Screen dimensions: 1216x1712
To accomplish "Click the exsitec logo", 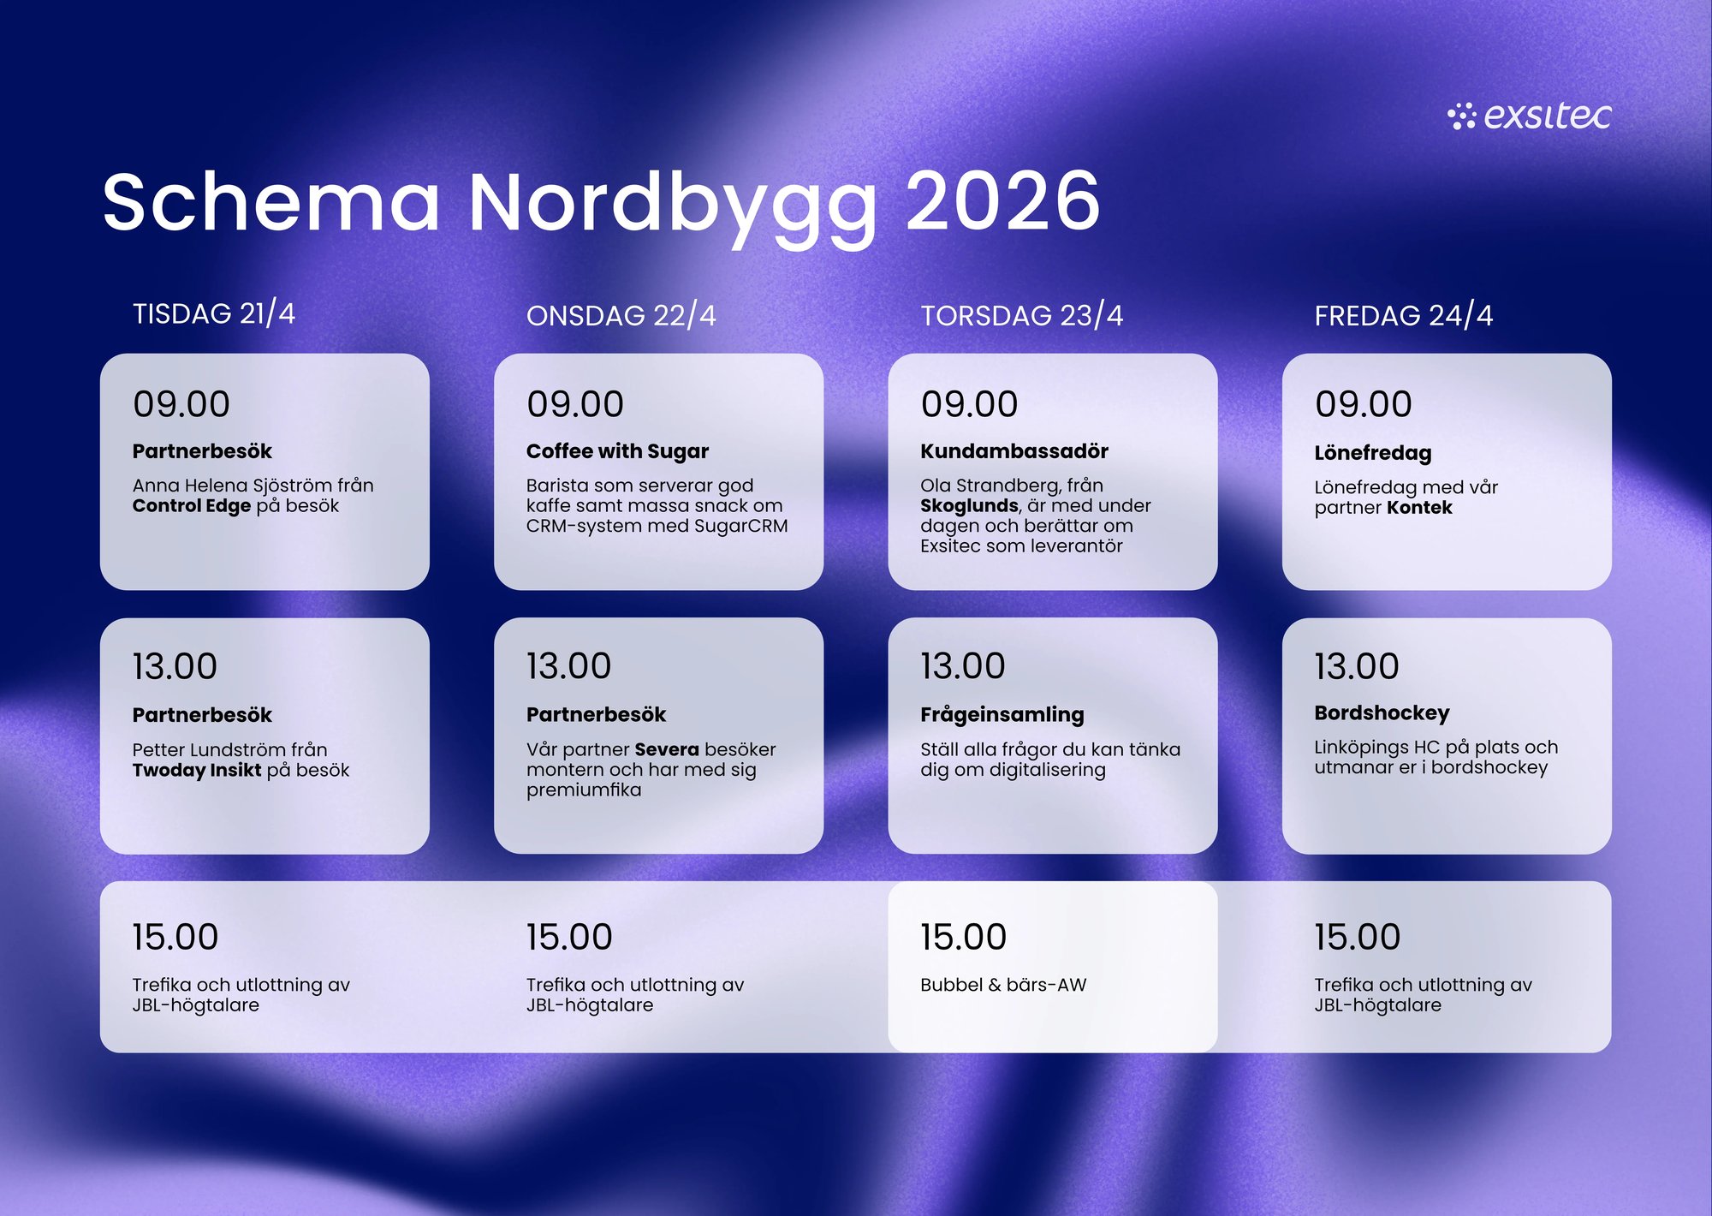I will (1529, 116).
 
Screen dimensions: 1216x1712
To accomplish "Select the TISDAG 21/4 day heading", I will (214, 313).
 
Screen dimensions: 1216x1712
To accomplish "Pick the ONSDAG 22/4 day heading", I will (621, 315).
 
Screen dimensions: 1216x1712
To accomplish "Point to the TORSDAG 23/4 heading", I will (1021, 315).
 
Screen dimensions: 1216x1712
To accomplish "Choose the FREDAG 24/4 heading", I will (1403, 315).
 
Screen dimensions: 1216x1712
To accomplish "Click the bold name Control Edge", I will (192, 506).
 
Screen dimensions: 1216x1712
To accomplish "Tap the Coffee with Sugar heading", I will (617, 451).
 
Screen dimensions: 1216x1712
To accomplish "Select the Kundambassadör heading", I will (1014, 451).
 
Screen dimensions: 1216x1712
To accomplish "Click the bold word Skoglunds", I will (969, 506).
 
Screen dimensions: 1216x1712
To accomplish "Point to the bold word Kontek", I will (1419, 508).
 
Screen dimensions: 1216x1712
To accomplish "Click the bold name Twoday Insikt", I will (197, 770).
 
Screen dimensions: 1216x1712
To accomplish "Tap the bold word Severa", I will (667, 749).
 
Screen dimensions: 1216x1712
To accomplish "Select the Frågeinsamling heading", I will (1002, 714).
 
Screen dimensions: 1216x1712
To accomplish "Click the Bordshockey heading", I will (1382, 712).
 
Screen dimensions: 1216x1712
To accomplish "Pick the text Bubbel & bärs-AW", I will (1003, 985).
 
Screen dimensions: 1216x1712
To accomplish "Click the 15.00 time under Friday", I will (1357, 937).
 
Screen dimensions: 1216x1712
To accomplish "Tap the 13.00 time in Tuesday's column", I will (175, 667).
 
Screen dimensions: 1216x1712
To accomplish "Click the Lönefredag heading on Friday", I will (1372, 453).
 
